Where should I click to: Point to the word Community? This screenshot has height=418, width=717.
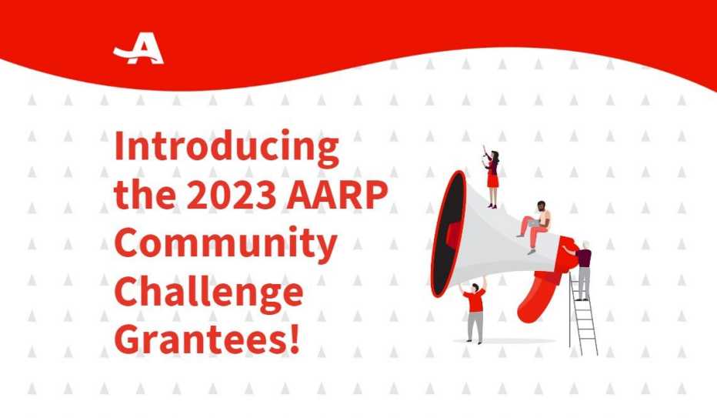(x=225, y=246)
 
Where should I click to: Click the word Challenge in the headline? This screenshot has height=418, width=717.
(x=208, y=294)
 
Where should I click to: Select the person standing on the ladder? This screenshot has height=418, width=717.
(x=584, y=269)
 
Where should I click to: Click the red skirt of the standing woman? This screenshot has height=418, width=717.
(x=492, y=181)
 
